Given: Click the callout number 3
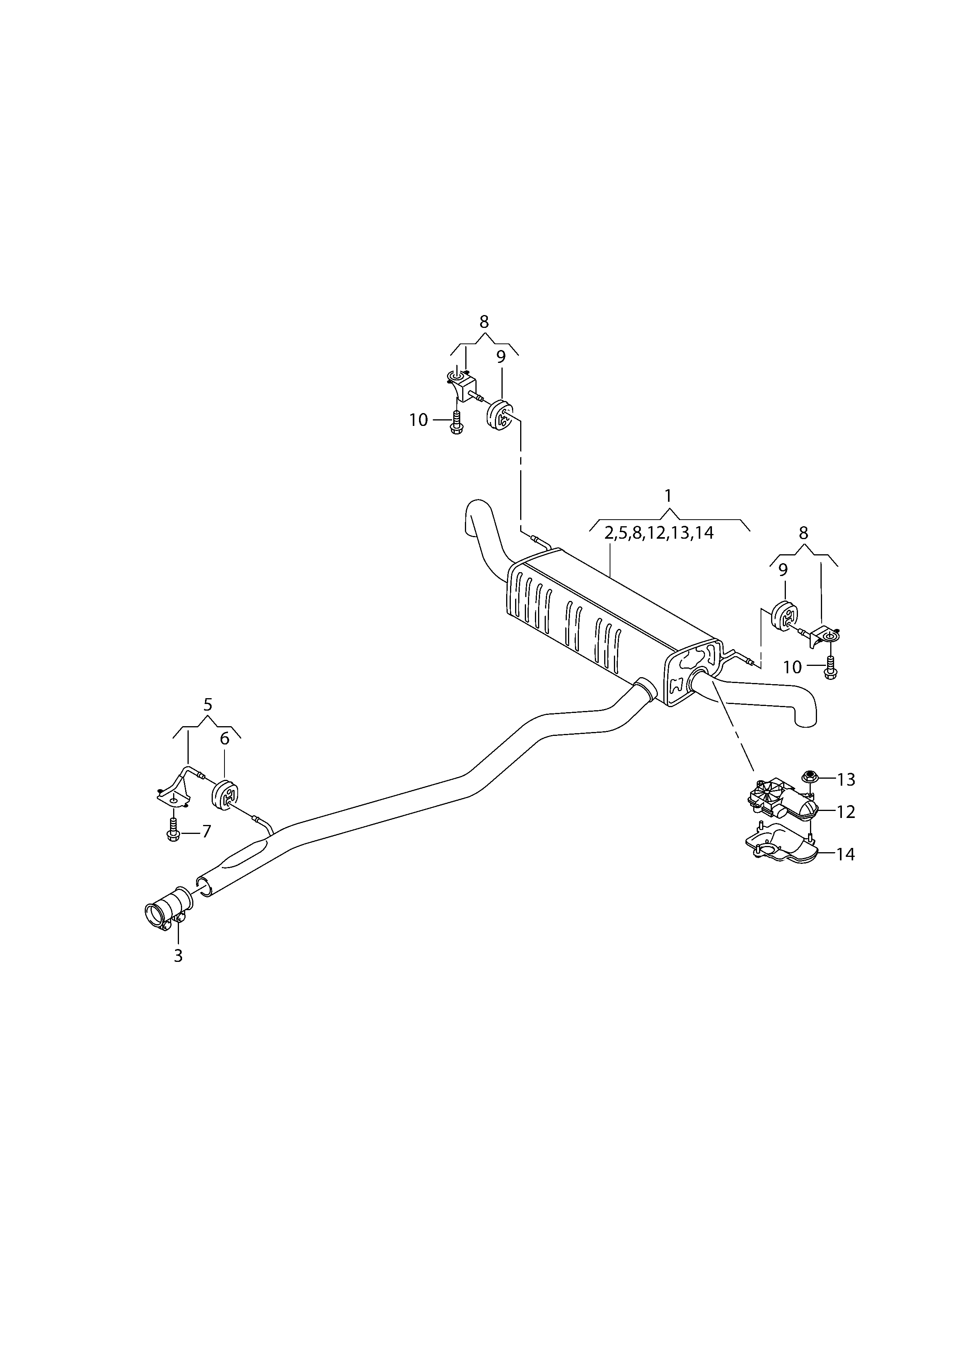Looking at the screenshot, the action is click(x=178, y=956).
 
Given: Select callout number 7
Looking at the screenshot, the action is click(x=207, y=831).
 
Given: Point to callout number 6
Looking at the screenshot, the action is click(x=224, y=738).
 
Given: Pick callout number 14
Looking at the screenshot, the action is click(x=846, y=855).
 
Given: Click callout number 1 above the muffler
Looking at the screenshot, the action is click(x=668, y=496).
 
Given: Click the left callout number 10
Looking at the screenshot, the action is click(x=419, y=420).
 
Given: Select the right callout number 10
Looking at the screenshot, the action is click(x=792, y=667).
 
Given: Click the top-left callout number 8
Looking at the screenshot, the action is click(x=484, y=322).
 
